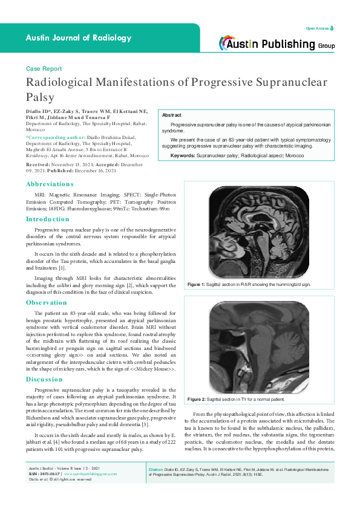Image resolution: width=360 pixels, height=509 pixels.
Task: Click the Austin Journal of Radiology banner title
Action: point(78,37)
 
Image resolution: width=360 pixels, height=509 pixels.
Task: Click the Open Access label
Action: point(318,28)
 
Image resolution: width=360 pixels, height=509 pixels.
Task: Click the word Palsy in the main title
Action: point(40,97)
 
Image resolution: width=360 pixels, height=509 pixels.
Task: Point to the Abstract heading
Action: point(172,115)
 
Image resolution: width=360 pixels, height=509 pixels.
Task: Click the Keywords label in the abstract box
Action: point(183,155)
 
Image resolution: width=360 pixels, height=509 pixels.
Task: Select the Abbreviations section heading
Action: point(50,183)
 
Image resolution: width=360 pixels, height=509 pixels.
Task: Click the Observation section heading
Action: point(46,302)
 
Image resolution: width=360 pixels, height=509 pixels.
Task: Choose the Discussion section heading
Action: point(45,379)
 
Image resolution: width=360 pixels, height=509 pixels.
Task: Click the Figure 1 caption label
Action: point(197,284)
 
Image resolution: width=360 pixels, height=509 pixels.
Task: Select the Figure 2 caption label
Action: point(197,400)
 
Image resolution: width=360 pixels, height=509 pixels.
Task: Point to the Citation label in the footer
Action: point(159,486)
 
